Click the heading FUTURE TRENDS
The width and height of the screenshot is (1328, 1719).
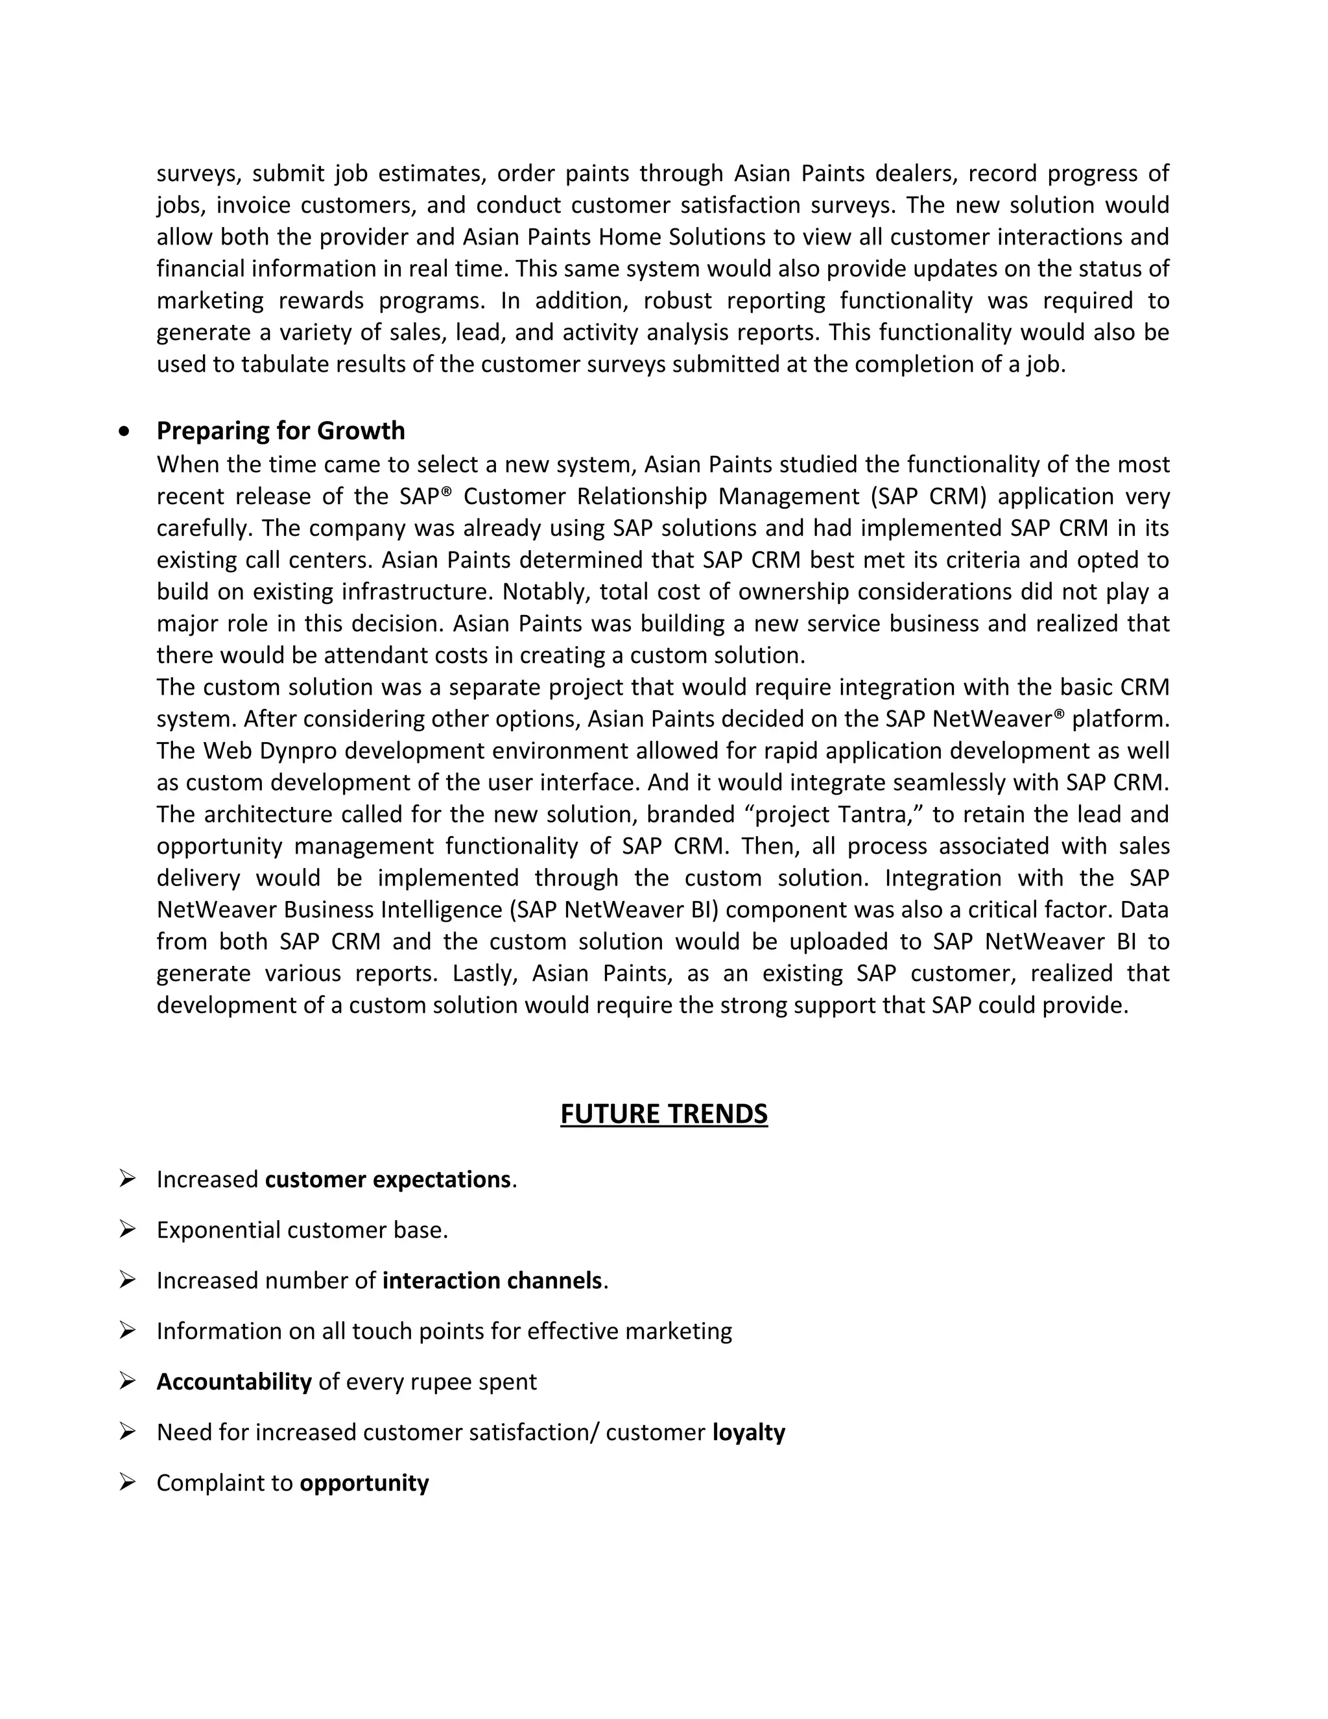(663, 1114)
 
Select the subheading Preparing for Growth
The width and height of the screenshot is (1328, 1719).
(280, 431)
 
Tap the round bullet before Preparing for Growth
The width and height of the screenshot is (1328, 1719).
(123, 431)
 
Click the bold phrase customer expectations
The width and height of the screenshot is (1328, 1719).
(388, 1179)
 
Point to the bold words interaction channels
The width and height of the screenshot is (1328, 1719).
(492, 1280)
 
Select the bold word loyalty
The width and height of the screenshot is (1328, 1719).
(748, 1432)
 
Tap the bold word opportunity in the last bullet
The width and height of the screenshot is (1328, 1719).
(364, 1483)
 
